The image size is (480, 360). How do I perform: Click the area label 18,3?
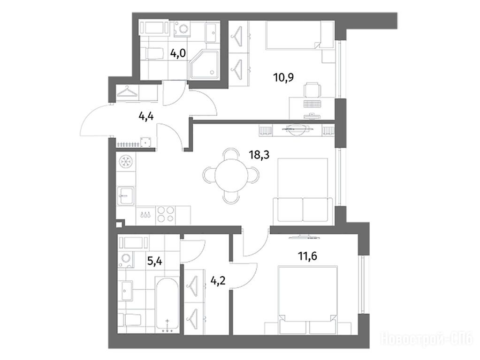point(259,155)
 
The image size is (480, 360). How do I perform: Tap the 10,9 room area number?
point(283,77)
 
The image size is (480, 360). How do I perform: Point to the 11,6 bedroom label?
point(307,255)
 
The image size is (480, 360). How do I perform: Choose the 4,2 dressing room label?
point(218,280)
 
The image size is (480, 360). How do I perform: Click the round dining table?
point(231,176)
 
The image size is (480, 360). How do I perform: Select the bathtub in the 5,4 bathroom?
point(167,304)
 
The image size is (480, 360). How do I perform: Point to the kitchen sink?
point(126,196)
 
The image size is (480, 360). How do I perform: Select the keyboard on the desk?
point(312,104)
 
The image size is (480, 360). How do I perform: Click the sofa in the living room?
point(303,210)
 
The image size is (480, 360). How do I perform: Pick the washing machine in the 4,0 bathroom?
point(183,30)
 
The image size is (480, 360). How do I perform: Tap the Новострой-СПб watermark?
point(427,339)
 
